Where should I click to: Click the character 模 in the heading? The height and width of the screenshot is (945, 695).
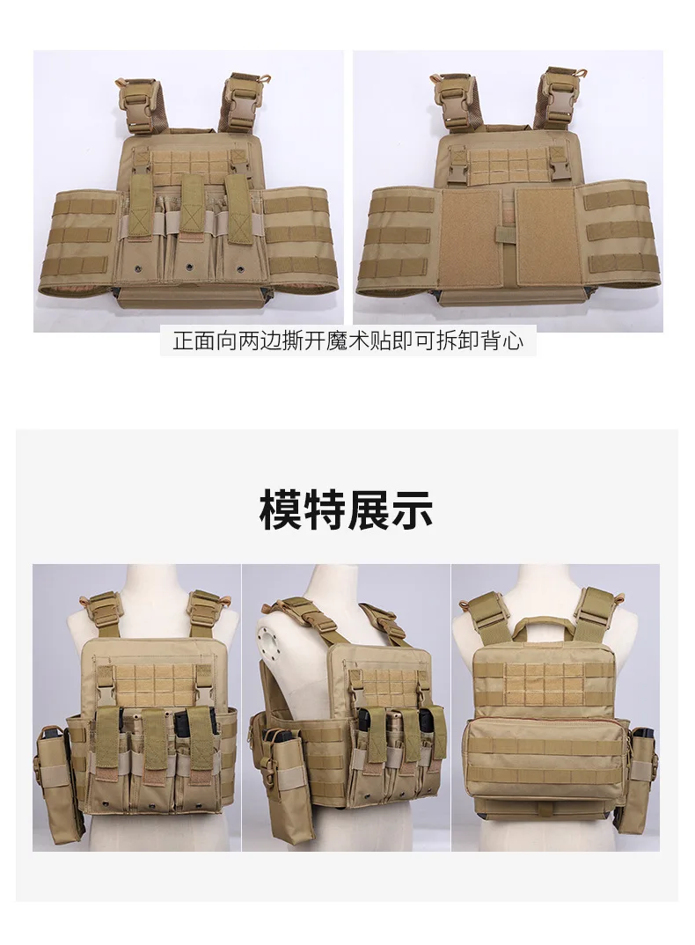(282, 509)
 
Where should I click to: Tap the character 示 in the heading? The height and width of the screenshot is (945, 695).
(412, 509)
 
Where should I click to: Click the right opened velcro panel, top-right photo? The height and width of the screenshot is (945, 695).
(549, 236)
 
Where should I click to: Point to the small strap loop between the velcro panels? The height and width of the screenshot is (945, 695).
(505, 236)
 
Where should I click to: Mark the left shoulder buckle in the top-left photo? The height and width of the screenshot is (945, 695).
(135, 101)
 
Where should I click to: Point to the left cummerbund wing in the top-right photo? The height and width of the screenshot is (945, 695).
(398, 239)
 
